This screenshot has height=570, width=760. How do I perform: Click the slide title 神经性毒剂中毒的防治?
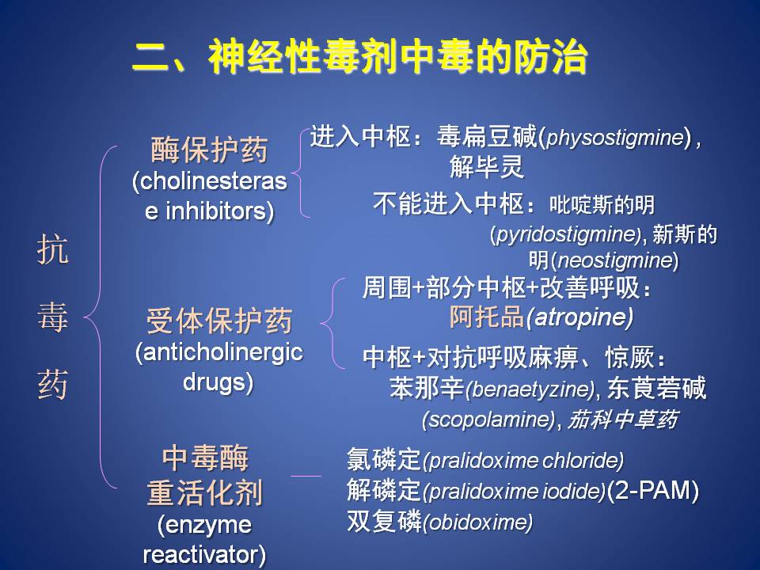(397, 57)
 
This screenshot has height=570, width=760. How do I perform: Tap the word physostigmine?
(614, 138)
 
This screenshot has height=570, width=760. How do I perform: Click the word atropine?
(579, 318)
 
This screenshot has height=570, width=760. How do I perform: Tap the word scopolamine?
(488, 419)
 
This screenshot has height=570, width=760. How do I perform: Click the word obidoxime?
(477, 522)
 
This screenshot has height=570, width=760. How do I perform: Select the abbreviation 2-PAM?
(652, 490)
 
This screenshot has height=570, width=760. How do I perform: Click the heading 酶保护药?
(209, 150)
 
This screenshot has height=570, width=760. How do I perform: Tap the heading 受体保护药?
(219, 321)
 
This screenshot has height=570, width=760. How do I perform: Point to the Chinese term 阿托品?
(487, 317)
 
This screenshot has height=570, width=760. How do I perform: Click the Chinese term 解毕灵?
(487, 167)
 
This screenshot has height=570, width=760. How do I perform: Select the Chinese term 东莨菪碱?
(656, 388)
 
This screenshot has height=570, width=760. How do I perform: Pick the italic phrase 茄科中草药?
(622, 420)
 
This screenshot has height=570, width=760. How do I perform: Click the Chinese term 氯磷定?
(383, 459)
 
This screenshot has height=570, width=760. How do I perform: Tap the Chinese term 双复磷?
(383, 522)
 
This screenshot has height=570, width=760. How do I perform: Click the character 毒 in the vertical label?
(52, 317)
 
